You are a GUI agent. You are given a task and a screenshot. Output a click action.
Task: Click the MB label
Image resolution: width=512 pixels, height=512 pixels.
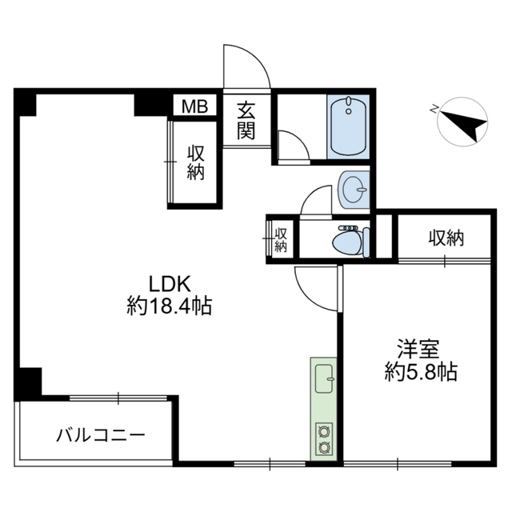tap(194, 106)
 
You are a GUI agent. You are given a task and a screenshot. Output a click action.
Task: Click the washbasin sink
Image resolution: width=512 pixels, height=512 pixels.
tap(353, 190)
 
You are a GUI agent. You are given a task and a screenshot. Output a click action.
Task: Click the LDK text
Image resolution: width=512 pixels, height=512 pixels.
tap(169, 284)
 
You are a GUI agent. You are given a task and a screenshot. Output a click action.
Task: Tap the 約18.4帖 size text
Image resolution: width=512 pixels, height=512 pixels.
tap(169, 306)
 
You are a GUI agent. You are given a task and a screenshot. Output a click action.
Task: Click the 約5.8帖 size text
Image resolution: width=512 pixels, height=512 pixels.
tap(421, 372)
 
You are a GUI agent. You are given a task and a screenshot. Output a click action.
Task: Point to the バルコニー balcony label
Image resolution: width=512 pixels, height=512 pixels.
tap(100, 436)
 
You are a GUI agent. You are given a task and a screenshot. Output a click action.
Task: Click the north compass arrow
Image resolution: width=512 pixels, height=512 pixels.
tap(465, 124)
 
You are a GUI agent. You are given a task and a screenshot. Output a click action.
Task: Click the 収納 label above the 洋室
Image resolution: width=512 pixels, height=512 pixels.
tap(446, 238)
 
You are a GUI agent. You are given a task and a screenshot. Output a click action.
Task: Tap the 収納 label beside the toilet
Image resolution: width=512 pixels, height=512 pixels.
tap(281, 239)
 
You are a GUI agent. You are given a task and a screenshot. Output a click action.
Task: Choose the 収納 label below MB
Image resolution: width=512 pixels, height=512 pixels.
tap(196, 162)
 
